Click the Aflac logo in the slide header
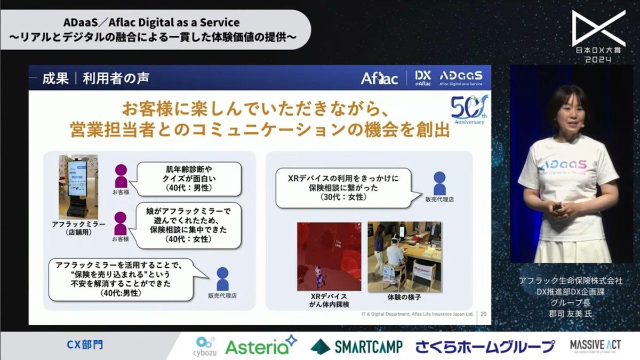click(x=379, y=78)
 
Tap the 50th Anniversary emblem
click(x=468, y=110)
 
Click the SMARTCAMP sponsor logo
click(x=356, y=346)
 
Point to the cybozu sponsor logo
click(x=205, y=345)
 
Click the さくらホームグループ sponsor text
click(x=485, y=346)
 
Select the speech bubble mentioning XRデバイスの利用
click(x=345, y=187)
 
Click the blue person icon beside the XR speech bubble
click(x=439, y=183)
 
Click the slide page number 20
click(x=484, y=314)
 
